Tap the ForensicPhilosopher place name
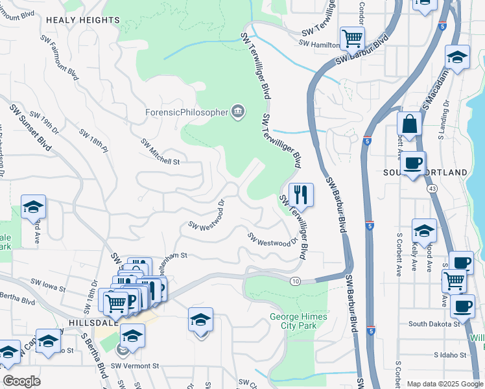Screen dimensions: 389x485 (187, 112)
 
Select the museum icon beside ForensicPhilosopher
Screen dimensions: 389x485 (238, 112)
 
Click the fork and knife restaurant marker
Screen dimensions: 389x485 (301, 194)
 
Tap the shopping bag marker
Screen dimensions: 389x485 (410, 123)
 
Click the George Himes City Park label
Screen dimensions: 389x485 (294, 320)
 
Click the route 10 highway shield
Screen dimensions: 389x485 (296, 281)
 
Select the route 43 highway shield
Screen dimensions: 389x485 (431, 189)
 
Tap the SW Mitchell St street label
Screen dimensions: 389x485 (160, 152)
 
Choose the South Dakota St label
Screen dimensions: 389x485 (434, 323)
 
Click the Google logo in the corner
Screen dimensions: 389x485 (21, 381)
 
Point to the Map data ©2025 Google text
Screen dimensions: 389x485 (444, 384)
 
